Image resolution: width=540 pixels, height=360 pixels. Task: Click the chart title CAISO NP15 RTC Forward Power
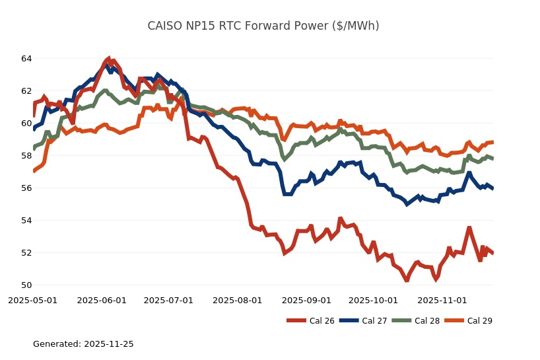tap(263, 26)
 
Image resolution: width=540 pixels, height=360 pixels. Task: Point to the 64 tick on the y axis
tap(26, 59)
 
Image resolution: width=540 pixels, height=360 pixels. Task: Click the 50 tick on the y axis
tap(26, 285)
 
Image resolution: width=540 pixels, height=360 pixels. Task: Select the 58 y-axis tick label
tap(26, 156)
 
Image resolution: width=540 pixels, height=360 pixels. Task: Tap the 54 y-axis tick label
tap(26, 221)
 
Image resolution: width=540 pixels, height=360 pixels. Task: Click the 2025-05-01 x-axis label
tap(32, 301)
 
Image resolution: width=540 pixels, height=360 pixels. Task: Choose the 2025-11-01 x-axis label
tap(442, 301)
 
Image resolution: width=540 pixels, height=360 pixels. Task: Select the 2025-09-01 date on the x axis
tap(306, 301)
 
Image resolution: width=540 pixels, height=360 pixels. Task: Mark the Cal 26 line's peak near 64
tap(108, 59)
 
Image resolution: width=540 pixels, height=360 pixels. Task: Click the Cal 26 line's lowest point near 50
tap(407, 280)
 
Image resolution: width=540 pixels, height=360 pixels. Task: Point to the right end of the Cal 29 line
tap(493, 142)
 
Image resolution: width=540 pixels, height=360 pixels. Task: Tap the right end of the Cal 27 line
tap(493, 188)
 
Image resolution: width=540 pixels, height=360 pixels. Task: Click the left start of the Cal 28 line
tap(34, 147)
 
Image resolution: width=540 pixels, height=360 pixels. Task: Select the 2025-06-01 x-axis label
tap(102, 301)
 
